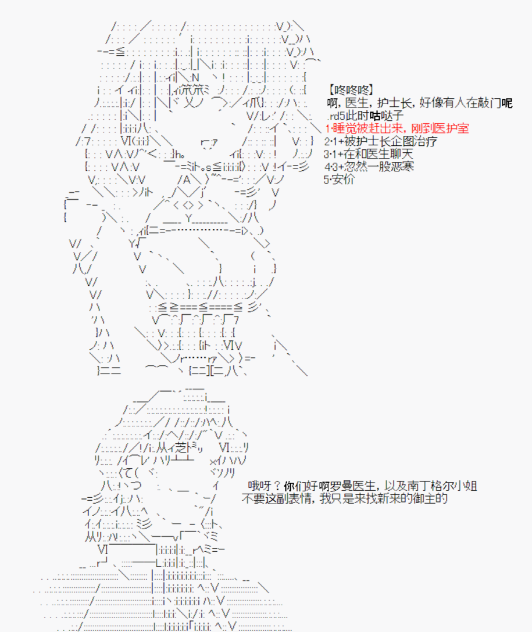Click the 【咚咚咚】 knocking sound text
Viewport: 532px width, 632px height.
pos(351,90)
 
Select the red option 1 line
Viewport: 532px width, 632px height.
pos(397,128)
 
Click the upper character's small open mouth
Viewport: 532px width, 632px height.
pos(209,143)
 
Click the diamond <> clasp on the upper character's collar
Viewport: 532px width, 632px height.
pos(188,205)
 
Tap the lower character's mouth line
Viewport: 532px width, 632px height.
pos(183,490)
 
